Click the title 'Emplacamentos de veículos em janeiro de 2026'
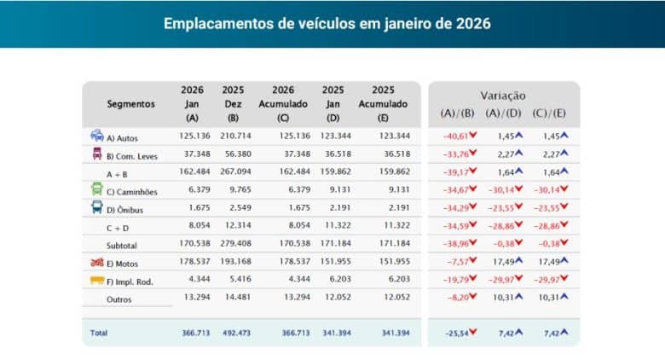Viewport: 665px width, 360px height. tap(327, 23)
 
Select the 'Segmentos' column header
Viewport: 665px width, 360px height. tap(130, 104)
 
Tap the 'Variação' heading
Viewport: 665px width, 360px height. tap(503, 96)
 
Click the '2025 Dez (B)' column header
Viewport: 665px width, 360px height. tap(233, 103)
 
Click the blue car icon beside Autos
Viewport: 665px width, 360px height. tap(96, 136)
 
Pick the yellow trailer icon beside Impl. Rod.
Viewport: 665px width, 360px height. tap(96, 279)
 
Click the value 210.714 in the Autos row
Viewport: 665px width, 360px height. tap(233, 136)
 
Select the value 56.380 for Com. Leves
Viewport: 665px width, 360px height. tap(233, 154)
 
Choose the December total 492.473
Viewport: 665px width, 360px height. tap(233, 333)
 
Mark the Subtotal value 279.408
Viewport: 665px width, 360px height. tap(233, 243)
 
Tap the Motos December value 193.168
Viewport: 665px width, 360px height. tap(233, 261)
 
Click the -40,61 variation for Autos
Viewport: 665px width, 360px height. tap(458, 136)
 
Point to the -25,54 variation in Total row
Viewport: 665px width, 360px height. tap(458, 333)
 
